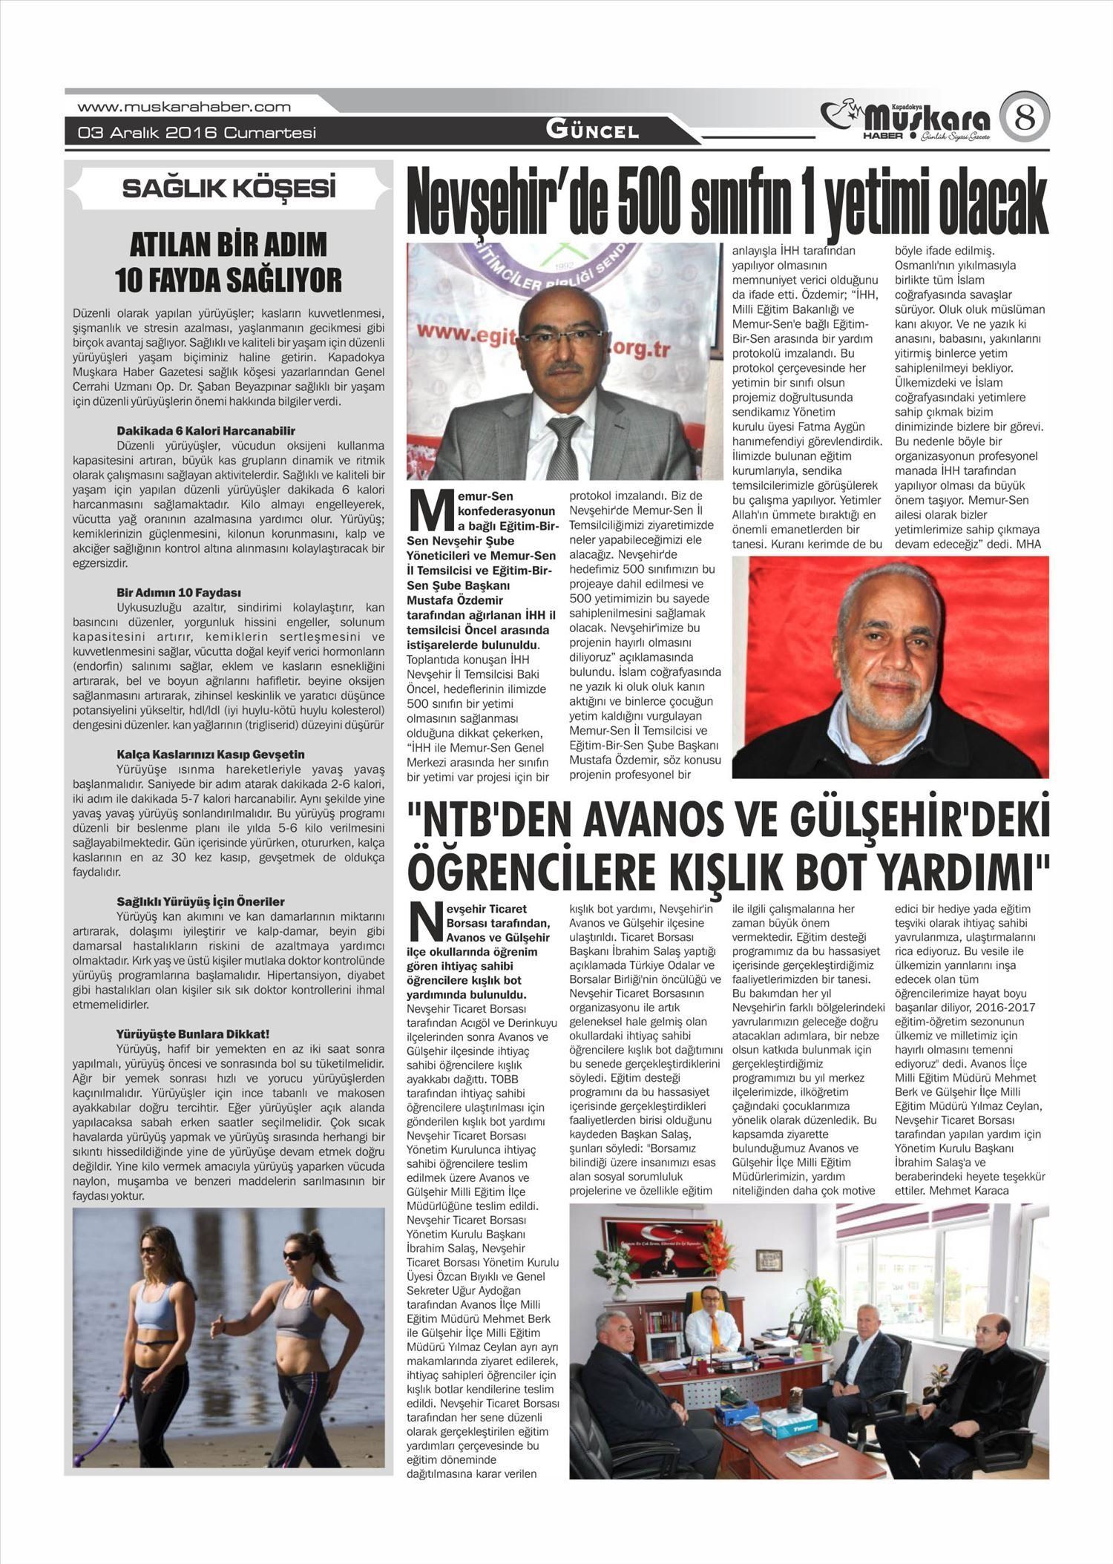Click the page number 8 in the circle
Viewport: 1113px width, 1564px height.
point(1024,117)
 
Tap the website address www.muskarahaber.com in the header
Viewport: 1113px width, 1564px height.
point(184,107)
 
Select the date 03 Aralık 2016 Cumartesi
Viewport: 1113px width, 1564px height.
point(197,133)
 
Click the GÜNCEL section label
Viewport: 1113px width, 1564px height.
point(592,131)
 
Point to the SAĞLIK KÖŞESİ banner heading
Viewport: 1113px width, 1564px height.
point(229,188)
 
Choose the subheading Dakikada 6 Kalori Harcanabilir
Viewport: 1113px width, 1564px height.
point(206,430)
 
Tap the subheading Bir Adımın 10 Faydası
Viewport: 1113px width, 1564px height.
point(179,592)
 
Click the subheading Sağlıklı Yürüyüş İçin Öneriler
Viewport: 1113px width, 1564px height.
point(200,901)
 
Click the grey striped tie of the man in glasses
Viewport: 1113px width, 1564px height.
point(564,445)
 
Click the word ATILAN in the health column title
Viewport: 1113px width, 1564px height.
point(165,245)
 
